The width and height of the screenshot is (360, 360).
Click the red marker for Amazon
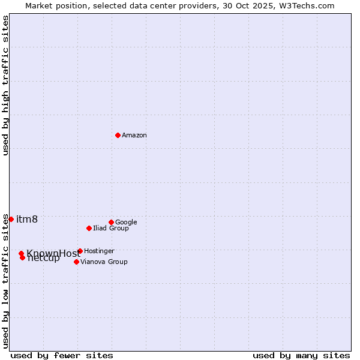(x=118, y=135)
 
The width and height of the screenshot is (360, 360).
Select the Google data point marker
(x=111, y=222)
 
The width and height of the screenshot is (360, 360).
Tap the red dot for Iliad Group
(x=89, y=228)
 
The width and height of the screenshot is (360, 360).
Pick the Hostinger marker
(x=80, y=251)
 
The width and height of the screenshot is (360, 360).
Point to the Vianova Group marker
(x=76, y=262)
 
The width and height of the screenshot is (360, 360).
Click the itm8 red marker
(x=11, y=219)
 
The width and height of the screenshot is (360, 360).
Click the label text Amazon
(x=134, y=136)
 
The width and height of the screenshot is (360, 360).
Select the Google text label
(x=126, y=223)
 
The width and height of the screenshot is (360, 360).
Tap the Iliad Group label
(x=111, y=229)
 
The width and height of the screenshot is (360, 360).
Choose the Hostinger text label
(x=99, y=251)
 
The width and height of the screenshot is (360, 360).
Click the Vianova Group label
(x=104, y=262)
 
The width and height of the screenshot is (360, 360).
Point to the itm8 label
(x=27, y=219)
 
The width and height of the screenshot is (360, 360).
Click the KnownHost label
(x=53, y=253)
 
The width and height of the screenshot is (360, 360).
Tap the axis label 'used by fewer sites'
(x=62, y=356)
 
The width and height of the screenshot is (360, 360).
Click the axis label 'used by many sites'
(x=301, y=356)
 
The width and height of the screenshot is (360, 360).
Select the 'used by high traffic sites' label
(x=5, y=85)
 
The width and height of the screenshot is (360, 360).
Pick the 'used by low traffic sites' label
(x=5, y=280)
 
